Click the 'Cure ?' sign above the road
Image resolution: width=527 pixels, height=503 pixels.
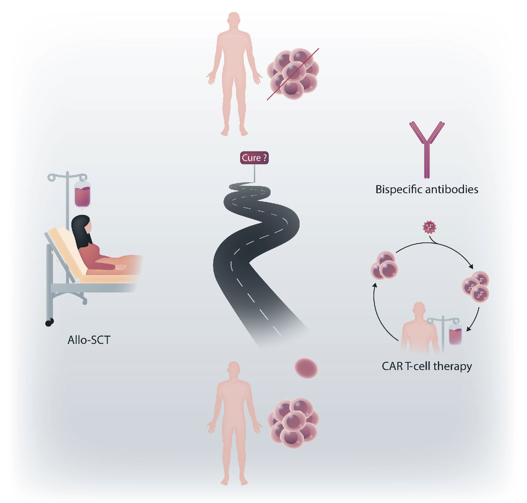tap(254, 158)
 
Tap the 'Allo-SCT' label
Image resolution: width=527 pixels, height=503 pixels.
tap(89, 340)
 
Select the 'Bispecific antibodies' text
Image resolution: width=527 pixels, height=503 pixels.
tap(427, 190)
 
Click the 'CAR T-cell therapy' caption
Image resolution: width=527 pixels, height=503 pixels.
tap(427, 366)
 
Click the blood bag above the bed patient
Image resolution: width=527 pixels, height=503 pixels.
tap(82, 194)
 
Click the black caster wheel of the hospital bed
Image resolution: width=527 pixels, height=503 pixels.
tap(49, 322)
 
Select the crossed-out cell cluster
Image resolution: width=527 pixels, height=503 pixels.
tap(293, 74)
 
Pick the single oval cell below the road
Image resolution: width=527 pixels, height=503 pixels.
tap(306, 368)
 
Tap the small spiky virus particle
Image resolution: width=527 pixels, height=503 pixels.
tap(430, 228)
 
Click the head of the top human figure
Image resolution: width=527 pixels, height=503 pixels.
tap(234, 20)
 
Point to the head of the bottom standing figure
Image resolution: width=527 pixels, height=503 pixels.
tap(234, 369)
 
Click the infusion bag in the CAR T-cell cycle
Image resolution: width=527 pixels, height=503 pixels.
tap(455, 334)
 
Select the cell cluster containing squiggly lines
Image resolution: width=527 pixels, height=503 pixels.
tap(476, 286)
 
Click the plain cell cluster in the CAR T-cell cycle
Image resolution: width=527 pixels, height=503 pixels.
tap(384, 265)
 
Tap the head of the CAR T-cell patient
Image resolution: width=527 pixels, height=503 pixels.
tap(419, 310)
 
